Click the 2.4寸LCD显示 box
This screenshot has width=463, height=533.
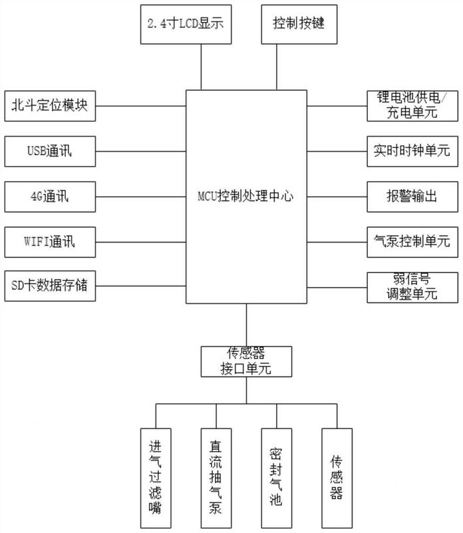point(186,24)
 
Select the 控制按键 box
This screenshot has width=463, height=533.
point(299,24)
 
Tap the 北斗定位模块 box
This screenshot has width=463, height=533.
point(50,106)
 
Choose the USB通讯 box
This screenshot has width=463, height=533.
point(50,151)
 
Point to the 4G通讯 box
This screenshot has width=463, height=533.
point(50,197)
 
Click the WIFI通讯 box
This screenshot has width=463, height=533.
point(50,242)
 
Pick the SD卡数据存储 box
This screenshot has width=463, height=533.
point(50,286)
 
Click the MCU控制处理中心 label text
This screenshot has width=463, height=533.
point(245,196)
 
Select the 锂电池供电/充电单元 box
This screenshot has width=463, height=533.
point(412,106)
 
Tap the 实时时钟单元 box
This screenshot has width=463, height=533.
point(412,151)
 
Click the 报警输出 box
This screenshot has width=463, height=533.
point(412,197)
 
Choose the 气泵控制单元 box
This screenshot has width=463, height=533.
point(412,242)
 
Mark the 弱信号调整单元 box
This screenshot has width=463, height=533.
point(412,287)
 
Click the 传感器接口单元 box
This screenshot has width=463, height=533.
point(246,362)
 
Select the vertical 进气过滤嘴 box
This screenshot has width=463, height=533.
point(156,478)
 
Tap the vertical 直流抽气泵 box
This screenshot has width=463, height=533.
point(216,478)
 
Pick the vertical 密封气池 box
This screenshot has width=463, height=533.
point(277,478)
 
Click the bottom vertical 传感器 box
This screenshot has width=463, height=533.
point(337,478)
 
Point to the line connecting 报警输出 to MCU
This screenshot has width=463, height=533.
point(337,197)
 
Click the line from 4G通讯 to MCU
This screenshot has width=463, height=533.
point(141,197)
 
